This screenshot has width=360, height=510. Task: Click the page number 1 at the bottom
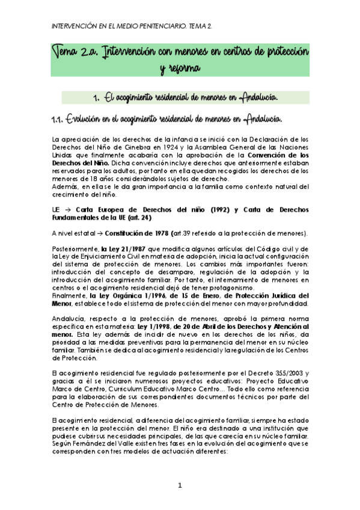[x=180, y=485]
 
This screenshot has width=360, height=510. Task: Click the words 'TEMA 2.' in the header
[x=199, y=26]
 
